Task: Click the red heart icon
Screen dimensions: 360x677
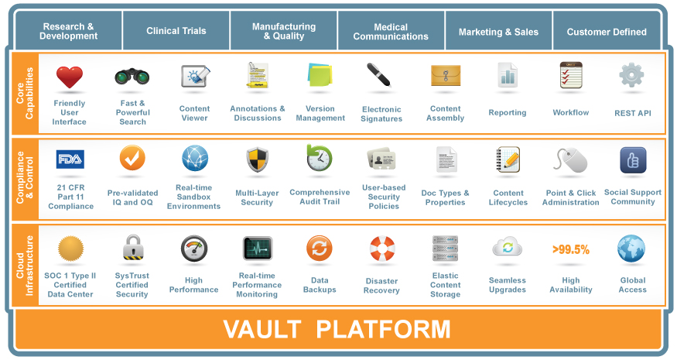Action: (x=69, y=77)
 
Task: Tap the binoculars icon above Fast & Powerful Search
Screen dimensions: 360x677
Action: (x=132, y=77)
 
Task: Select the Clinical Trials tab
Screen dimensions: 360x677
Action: (x=176, y=32)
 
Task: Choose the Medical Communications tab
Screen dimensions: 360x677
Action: (x=391, y=32)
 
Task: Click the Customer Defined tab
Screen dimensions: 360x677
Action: (x=607, y=32)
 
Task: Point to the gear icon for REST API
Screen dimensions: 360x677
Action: (x=631, y=76)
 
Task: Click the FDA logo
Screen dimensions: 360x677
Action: (x=70, y=160)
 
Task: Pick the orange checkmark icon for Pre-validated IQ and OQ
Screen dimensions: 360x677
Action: (x=132, y=158)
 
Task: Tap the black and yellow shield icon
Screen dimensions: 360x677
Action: (x=257, y=160)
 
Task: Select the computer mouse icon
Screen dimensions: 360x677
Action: (x=571, y=161)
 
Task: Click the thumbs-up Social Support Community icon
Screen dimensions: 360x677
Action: (x=633, y=159)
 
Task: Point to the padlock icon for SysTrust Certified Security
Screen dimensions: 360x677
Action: (x=133, y=249)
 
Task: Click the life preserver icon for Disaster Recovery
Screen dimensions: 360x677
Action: (x=381, y=249)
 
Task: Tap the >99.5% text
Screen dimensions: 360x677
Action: (x=571, y=249)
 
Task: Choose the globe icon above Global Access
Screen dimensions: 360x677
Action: (x=631, y=249)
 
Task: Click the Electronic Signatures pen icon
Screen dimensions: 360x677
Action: (x=379, y=75)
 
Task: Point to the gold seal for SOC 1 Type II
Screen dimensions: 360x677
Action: (x=70, y=249)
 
